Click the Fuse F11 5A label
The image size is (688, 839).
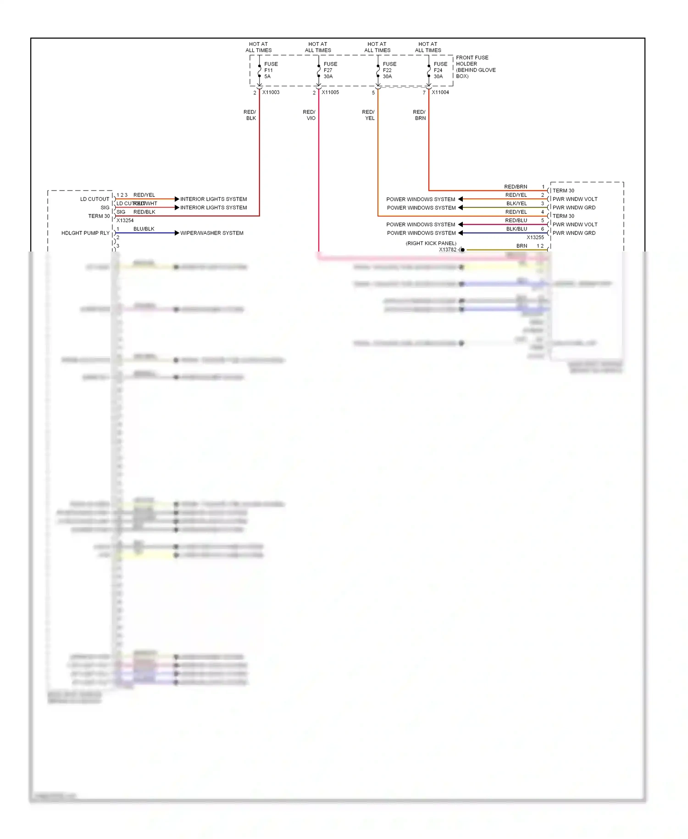point(271,70)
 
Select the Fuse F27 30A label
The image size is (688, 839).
point(330,70)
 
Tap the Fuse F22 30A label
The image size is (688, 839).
point(389,70)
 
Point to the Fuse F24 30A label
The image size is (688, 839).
point(440,70)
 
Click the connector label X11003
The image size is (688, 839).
point(271,92)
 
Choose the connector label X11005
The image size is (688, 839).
point(330,92)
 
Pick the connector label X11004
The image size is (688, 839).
point(440,92)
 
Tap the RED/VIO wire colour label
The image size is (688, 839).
point(310,115)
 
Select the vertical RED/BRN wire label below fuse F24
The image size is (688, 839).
point(420,115)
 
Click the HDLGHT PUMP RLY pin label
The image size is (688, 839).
point(85,233)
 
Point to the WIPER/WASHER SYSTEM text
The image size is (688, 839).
point(212,233)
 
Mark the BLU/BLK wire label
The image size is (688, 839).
point(144,229)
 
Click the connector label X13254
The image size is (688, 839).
point(125,221)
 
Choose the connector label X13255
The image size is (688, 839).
point(535,238)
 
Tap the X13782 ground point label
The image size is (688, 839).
point(448,250)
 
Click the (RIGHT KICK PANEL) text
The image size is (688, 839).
point(431,243)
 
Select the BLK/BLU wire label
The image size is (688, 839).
point(516,229)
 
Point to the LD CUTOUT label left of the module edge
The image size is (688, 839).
point(94,199)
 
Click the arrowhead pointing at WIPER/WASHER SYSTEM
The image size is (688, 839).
point(177,233)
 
